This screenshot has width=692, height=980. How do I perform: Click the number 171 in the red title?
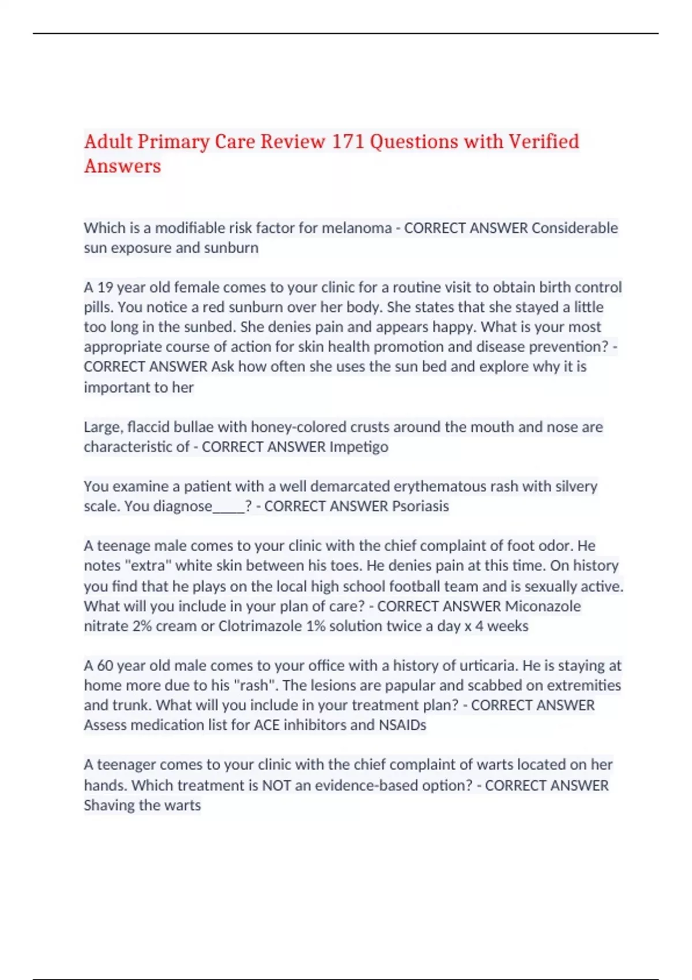point(348,142)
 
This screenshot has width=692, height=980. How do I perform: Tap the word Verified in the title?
point(543,142)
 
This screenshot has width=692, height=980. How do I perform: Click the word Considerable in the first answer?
point(574,228)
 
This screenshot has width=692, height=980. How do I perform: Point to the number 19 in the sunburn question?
point(104,288)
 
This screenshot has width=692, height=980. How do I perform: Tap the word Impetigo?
point(359,447)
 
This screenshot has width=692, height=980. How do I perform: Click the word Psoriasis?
point(420,507)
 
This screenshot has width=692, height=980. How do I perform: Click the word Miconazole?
point(543,606)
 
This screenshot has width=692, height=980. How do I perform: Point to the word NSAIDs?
point(402,725)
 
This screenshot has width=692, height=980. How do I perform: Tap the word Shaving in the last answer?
point(108,806)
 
